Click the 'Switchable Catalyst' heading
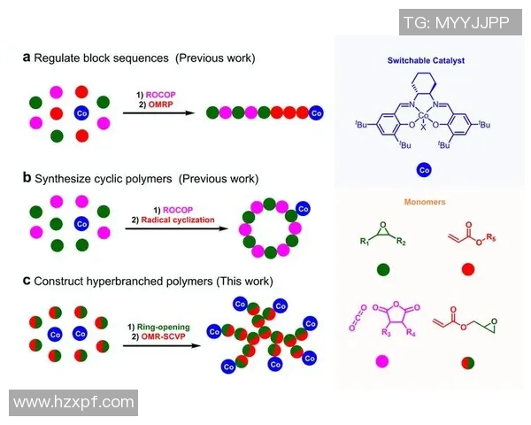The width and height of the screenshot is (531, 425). pyautogui.click(x=427, y=60)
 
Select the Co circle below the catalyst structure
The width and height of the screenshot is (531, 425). pyautogui.click(x=424, y=168)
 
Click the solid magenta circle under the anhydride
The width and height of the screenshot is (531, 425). pyautogui.click(x=383, y=360)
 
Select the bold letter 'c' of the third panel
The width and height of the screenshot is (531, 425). pyautogui.click(x=27, y=281)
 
